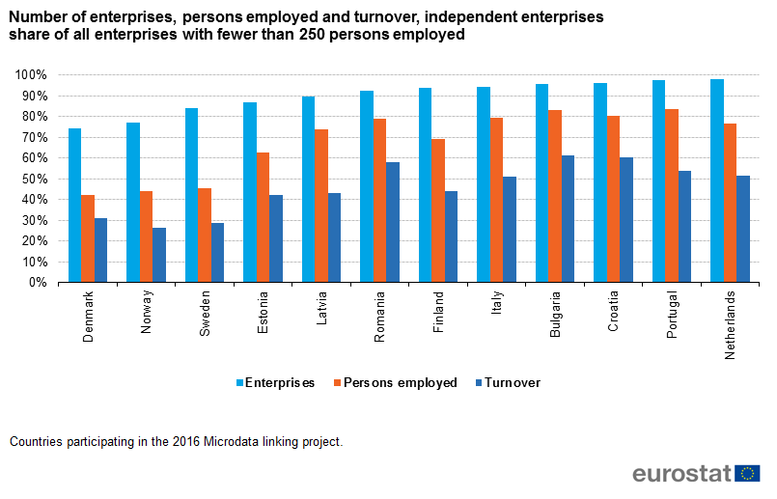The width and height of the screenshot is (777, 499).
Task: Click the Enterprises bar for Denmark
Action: click(74, 206)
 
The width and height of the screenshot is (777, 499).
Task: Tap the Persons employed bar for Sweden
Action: click(205, 236)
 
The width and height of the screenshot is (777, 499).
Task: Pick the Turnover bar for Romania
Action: click(393, 222)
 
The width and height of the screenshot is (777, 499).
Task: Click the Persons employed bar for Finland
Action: click(438, 210)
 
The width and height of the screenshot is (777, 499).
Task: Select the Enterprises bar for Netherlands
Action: click(717, 180)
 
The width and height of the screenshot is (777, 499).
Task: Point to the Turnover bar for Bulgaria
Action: click(569, 219)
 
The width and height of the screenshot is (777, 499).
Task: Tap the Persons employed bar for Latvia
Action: click(321, 206)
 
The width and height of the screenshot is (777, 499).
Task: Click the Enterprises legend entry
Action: click(275, 383)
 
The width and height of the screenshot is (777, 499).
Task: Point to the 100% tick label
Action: click(31, 75)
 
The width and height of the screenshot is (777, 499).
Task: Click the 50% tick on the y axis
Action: click(34, 179)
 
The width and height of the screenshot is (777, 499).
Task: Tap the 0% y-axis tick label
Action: click(38, 283)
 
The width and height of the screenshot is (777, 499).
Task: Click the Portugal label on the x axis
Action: click(672, 311)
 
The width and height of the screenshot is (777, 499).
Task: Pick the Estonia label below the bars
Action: click(263, 310)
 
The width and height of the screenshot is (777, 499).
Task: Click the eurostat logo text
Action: click(681, 474)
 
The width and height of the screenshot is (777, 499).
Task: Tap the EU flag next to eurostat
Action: click(747, 473)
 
